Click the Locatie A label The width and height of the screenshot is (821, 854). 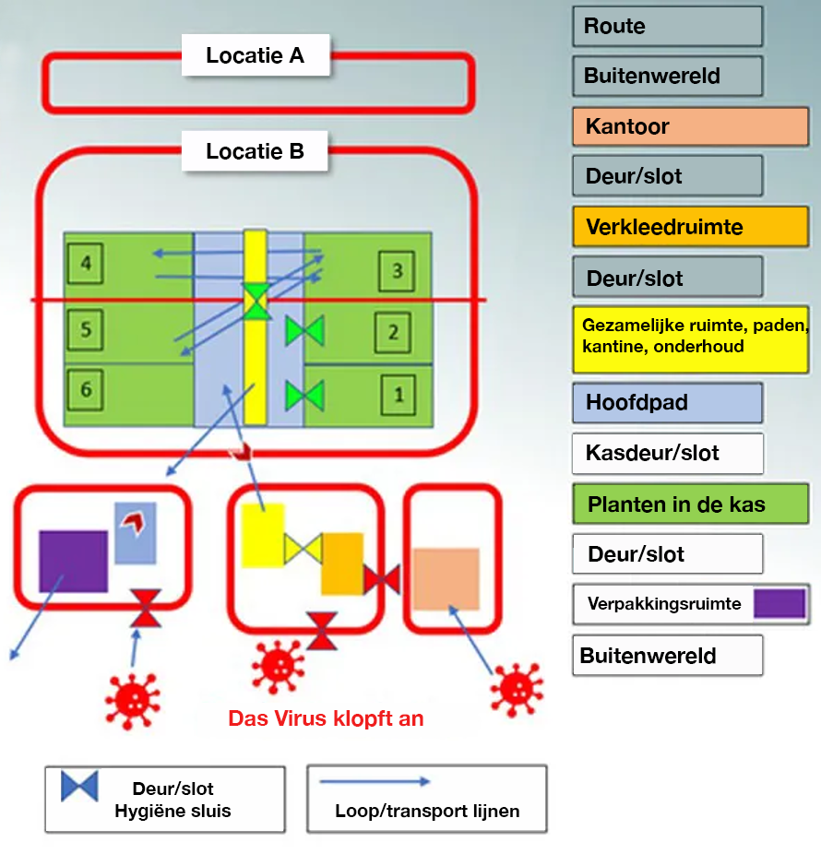point(255,55)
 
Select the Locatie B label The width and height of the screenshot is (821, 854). point(255,150)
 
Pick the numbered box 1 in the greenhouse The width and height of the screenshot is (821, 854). point(399,395)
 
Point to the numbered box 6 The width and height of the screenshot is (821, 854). point(86,390)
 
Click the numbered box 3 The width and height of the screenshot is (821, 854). point(398,271)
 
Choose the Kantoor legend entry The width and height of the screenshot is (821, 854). point(690,126)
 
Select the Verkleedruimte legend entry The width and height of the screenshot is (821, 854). point(690,227)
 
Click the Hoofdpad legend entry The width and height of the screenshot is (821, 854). point(667,403)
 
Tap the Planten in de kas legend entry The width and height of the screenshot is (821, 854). point(690,504)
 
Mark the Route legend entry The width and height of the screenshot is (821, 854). point(667,26)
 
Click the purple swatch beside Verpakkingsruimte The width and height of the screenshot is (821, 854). point(779,604)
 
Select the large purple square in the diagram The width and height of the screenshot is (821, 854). point(73,561)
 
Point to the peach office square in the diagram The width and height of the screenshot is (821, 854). point(446,579)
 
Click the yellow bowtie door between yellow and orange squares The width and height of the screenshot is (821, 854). point(303,549)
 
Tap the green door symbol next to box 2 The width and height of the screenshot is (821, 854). point(303,331)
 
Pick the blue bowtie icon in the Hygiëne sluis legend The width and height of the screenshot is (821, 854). point(79,786)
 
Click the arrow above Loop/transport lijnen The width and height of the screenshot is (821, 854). point(375,782)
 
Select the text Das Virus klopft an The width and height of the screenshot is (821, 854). point(326,718)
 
